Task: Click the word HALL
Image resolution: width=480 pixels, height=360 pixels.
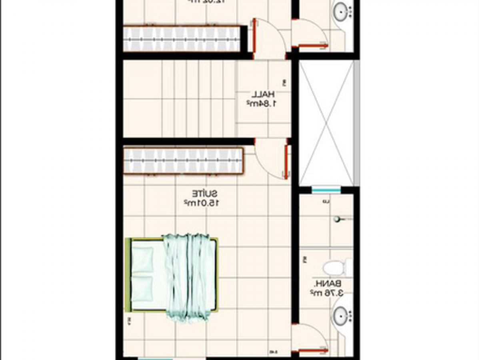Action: pos(263,95)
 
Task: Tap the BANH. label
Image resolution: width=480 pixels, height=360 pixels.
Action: pos(322,284)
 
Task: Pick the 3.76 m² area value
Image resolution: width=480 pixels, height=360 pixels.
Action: pos(326,293)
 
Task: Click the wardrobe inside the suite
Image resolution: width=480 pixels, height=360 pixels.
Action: pos(183,161)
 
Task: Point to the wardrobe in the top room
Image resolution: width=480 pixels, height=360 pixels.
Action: pos(183,38)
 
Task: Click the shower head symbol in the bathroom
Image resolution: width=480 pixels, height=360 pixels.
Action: pos(338,219)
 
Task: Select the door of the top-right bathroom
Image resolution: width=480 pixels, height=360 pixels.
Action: pos(313,46)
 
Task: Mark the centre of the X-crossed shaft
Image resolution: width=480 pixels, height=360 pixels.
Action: pos(326,123)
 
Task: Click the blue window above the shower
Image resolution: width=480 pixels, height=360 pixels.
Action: pos(326,190)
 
